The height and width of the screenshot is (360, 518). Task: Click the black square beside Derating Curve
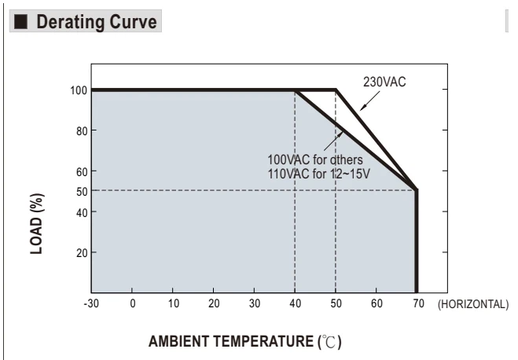coord(20,21)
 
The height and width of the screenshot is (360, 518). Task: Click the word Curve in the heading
coord(133,22)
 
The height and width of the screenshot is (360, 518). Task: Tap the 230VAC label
coord(384,82)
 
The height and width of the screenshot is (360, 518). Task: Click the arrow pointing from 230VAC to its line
coord(370,101)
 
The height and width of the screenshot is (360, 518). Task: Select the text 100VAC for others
coord(315,160)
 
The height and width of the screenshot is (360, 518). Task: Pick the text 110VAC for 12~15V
coord(318,174)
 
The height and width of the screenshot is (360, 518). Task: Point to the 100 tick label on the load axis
coord(79,90)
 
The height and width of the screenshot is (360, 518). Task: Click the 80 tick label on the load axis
coord(82,131)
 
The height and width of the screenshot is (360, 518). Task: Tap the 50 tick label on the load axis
coord(82,192)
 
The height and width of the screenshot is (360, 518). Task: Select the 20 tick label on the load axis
coord(82,253)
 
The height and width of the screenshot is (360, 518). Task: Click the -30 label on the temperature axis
coord(91,303)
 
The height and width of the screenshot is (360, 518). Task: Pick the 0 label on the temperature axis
coord(133,303)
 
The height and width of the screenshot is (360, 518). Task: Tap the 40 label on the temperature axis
coord(296,303)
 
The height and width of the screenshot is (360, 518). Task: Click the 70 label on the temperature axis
coord(418,303)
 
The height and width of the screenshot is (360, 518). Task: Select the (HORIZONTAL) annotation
coord(473,304)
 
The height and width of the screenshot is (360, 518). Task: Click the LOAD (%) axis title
coord(37,223)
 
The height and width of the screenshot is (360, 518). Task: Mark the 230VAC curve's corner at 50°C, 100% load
coord(336,90)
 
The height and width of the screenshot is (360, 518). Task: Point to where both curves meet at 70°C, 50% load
coord(417,190)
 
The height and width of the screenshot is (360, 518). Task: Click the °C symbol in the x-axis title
coord(329,342)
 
